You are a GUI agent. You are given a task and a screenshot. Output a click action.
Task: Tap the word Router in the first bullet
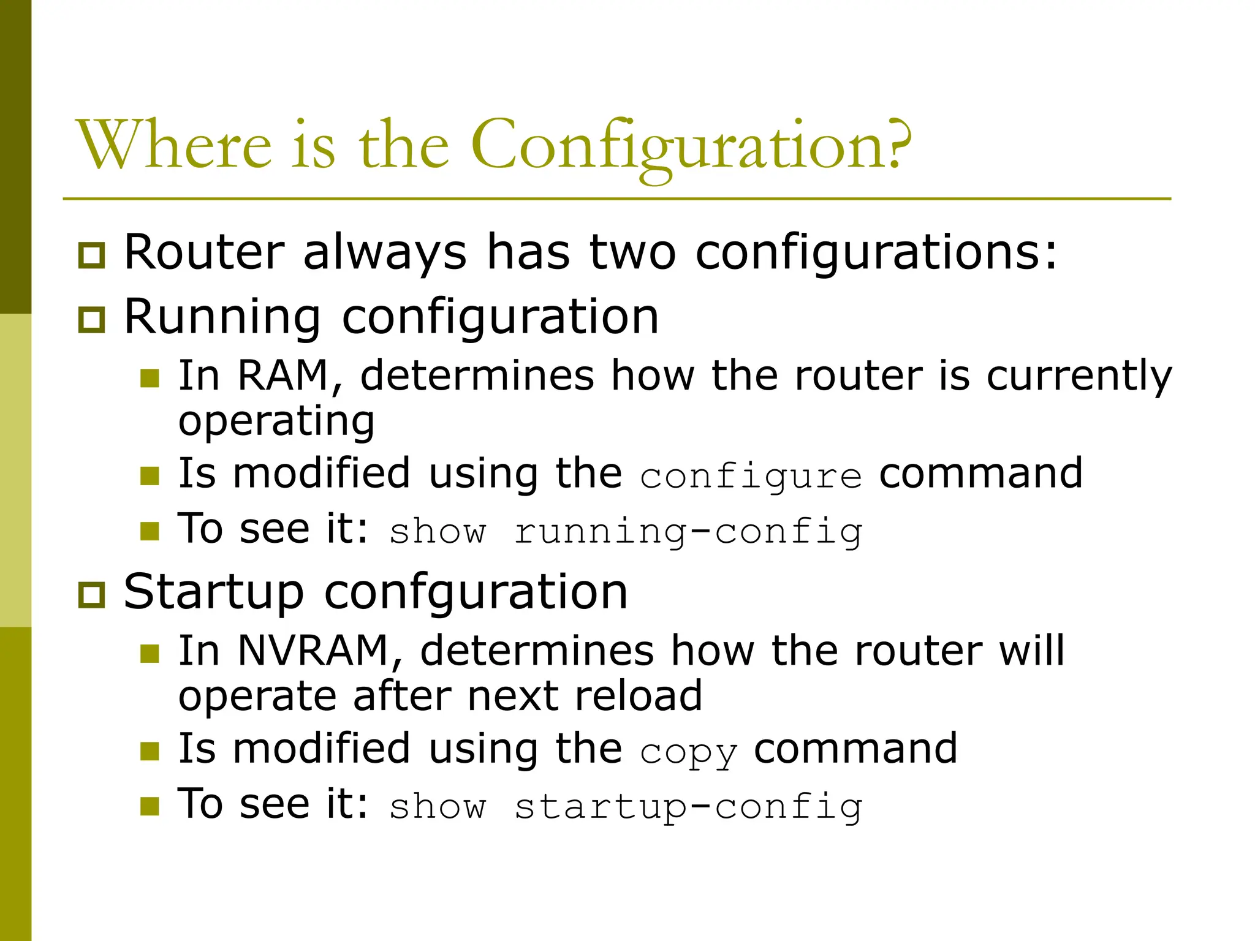point(204,252)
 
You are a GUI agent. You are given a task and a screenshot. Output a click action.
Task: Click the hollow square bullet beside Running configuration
point(92,320)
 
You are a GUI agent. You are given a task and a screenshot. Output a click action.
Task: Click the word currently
point(1079,377)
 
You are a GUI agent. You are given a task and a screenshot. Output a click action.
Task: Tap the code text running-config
point(688,532)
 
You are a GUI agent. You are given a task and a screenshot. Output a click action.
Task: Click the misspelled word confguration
point(476,593)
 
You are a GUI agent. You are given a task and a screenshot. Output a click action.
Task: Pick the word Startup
point(213,593)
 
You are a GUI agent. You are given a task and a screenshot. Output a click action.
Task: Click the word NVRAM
point(313,650)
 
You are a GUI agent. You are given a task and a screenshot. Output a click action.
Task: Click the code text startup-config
point(688,807)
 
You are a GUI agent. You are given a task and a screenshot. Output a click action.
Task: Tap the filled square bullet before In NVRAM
point(150,654)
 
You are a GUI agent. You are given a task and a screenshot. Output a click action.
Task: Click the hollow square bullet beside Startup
point(92,595)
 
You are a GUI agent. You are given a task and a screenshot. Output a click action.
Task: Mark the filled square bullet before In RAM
point(150,379)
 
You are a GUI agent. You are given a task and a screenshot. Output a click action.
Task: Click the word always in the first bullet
point(385,252)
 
